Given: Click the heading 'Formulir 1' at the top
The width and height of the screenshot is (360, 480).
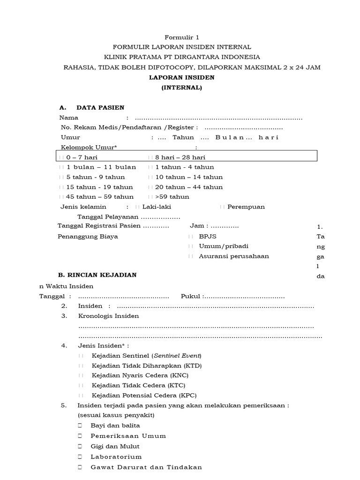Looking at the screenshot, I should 180,37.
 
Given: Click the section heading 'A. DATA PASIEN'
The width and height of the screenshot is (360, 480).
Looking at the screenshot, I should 91,108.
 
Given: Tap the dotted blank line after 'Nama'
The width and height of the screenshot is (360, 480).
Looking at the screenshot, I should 218,118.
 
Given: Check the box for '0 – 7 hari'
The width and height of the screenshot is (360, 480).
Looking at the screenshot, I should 62,157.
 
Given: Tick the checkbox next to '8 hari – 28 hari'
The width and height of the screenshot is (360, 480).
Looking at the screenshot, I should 150,157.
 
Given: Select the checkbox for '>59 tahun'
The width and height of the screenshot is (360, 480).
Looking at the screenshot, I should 150,197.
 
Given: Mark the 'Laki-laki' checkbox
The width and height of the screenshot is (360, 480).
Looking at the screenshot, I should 137,207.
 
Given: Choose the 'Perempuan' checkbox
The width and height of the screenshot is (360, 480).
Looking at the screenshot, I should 222,207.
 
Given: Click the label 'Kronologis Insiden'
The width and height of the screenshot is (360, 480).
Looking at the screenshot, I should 108,316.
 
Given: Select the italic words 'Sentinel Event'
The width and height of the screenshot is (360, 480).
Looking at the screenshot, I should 179,356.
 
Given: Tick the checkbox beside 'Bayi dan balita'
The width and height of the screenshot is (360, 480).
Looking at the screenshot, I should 80,426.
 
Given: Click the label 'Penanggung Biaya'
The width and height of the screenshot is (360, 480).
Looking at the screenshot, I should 88,237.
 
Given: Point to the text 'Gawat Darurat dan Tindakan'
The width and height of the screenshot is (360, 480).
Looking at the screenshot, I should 146,467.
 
